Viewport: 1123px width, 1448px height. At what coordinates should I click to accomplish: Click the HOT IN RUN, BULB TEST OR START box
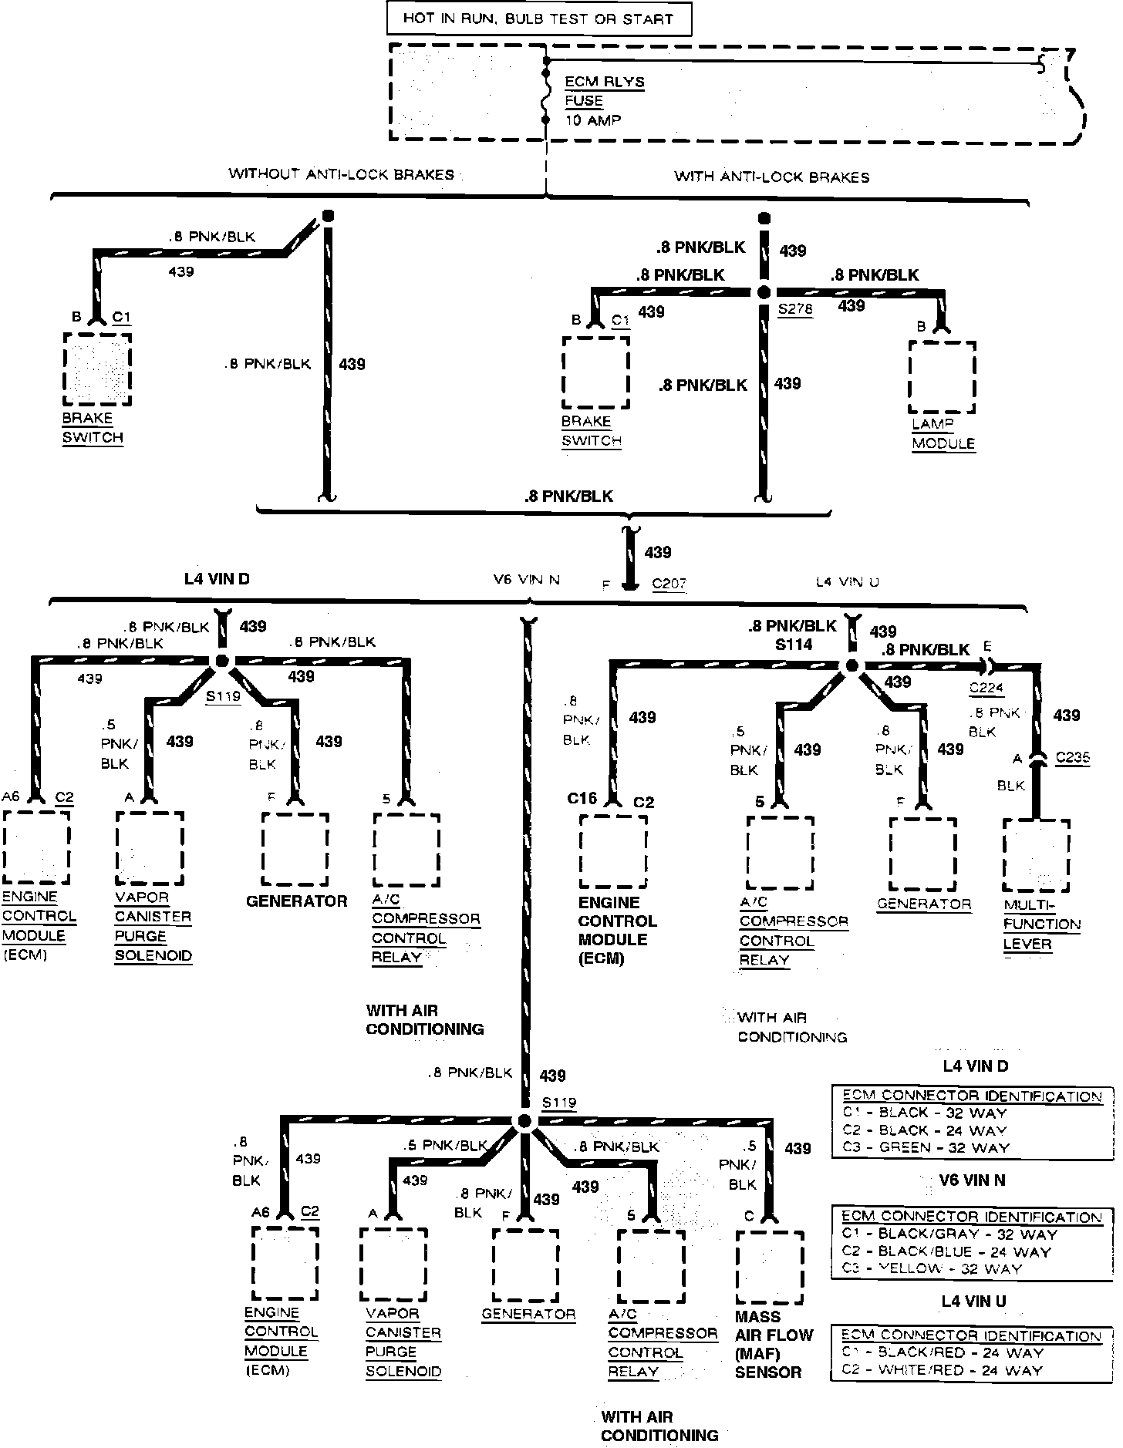pos(538,19)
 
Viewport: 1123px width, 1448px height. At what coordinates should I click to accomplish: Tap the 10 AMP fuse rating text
pos(593,120)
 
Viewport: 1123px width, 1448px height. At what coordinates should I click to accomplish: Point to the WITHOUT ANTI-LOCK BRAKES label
pos(341,174)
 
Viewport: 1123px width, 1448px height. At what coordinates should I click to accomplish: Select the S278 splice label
pos(794,310)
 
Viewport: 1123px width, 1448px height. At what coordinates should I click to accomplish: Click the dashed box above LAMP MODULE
pos(942,378)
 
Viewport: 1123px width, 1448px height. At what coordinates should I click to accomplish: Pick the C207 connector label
pos(669,584)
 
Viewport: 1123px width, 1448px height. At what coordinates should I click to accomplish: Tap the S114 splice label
pos(794,645)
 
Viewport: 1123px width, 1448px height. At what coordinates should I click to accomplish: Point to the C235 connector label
pos(1072,757)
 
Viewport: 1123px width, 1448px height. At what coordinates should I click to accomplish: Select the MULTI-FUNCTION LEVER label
pos(1041,924)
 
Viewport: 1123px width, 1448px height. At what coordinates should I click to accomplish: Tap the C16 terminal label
pos(582,799)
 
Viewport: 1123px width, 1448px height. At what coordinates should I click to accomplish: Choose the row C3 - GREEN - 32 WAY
pos(926,1147)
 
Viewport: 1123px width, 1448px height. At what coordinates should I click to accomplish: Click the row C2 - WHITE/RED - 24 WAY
pos(942,1370)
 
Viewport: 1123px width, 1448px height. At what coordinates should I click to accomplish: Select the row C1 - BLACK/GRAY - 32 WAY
pos(949,1233)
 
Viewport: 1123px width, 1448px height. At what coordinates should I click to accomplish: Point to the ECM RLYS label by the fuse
pos(605,82)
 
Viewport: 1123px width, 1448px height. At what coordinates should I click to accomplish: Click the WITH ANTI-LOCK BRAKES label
pos(771,177)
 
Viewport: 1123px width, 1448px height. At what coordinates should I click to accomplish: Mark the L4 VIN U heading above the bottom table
pos(973,1302)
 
